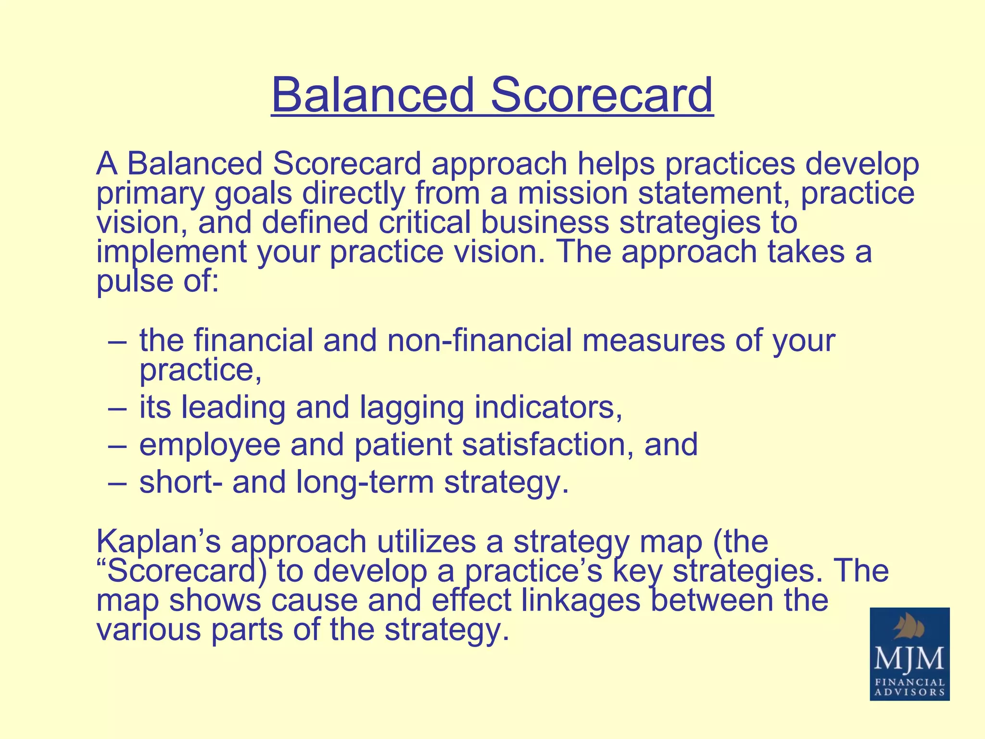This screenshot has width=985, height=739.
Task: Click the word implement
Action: [x=171, y=252]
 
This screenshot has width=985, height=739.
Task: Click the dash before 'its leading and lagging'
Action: [x=117, y=408]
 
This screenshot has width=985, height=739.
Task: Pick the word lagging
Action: [x=412, y=408]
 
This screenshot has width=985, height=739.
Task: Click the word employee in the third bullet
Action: [x=210, y=445]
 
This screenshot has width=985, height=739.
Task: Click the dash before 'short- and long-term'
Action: [x=117, y=483]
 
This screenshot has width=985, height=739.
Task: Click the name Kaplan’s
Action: [x=159, y=541]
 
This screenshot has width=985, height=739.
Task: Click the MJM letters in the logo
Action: [x=909, y=660]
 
